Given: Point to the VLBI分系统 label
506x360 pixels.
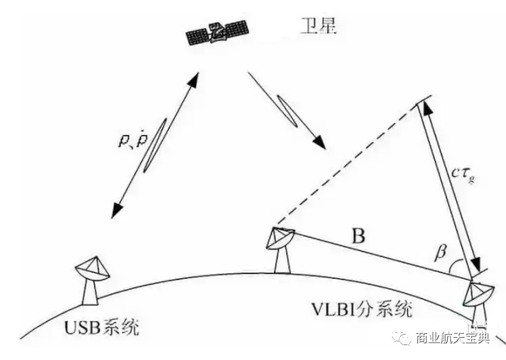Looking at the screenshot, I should coord(362,307).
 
